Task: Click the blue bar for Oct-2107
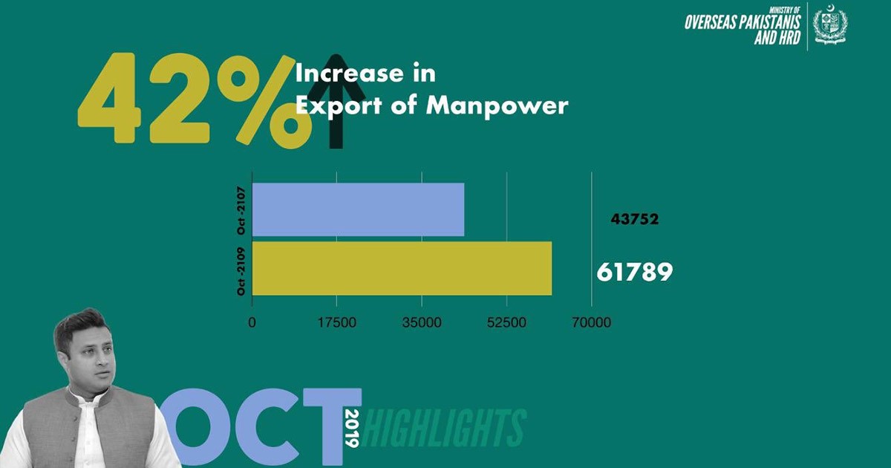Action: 358,209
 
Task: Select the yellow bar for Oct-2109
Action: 402,268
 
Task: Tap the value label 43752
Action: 635,219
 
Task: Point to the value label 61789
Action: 634,272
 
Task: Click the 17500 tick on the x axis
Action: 337,323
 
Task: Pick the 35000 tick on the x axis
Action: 422,323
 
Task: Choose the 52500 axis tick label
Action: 507,323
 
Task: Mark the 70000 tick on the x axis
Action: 592,323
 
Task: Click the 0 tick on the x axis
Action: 252,323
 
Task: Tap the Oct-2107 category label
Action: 241,210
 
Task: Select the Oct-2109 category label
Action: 241,268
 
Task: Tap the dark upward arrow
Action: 336,104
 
